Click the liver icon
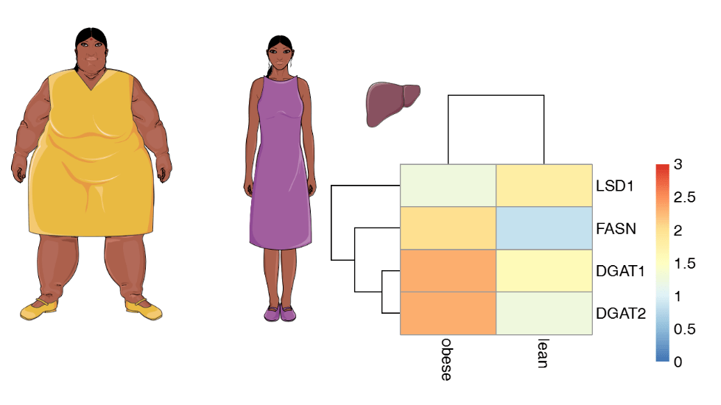tap(393, 103)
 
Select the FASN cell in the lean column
tap(544, 228)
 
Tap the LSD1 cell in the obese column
tap(448, 185)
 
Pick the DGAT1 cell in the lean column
tap(544, 271)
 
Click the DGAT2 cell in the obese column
tap(448, 314)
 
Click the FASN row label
tap(615, 228)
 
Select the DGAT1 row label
tap(620, 271)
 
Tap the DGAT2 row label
tap(620, 314)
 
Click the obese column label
tap(446, 360)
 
